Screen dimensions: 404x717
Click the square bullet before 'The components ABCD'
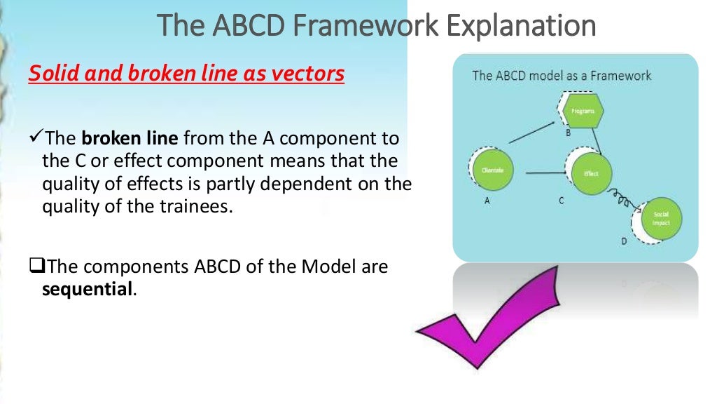tap(36, 267)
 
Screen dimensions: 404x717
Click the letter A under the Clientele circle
tap(487, 200)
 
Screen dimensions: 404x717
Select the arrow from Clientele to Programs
tap(533, 131)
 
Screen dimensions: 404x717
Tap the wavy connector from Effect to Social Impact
tap(620, 198)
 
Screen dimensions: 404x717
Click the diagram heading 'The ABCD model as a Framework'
tap(562, 75)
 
